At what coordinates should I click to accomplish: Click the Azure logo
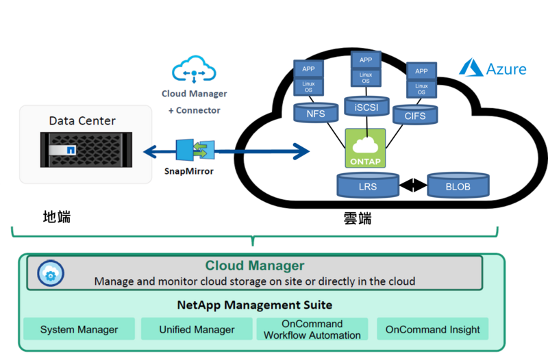point(493,68)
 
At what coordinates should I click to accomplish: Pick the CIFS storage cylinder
point(414,114)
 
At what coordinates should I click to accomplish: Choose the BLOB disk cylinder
point(458,185)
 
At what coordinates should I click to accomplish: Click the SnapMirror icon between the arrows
point(195,150)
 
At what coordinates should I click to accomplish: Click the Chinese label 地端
point(56,217)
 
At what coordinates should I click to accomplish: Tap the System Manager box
point(79,329)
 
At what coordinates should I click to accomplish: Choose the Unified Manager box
point(197,329)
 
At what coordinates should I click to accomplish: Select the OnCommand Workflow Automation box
point(312,329)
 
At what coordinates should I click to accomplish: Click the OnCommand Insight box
point(432,329)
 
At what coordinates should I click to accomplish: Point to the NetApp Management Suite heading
point(254,305)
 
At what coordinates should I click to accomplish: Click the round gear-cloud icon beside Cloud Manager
point(50,273)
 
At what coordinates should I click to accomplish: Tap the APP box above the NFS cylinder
point(308,68)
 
